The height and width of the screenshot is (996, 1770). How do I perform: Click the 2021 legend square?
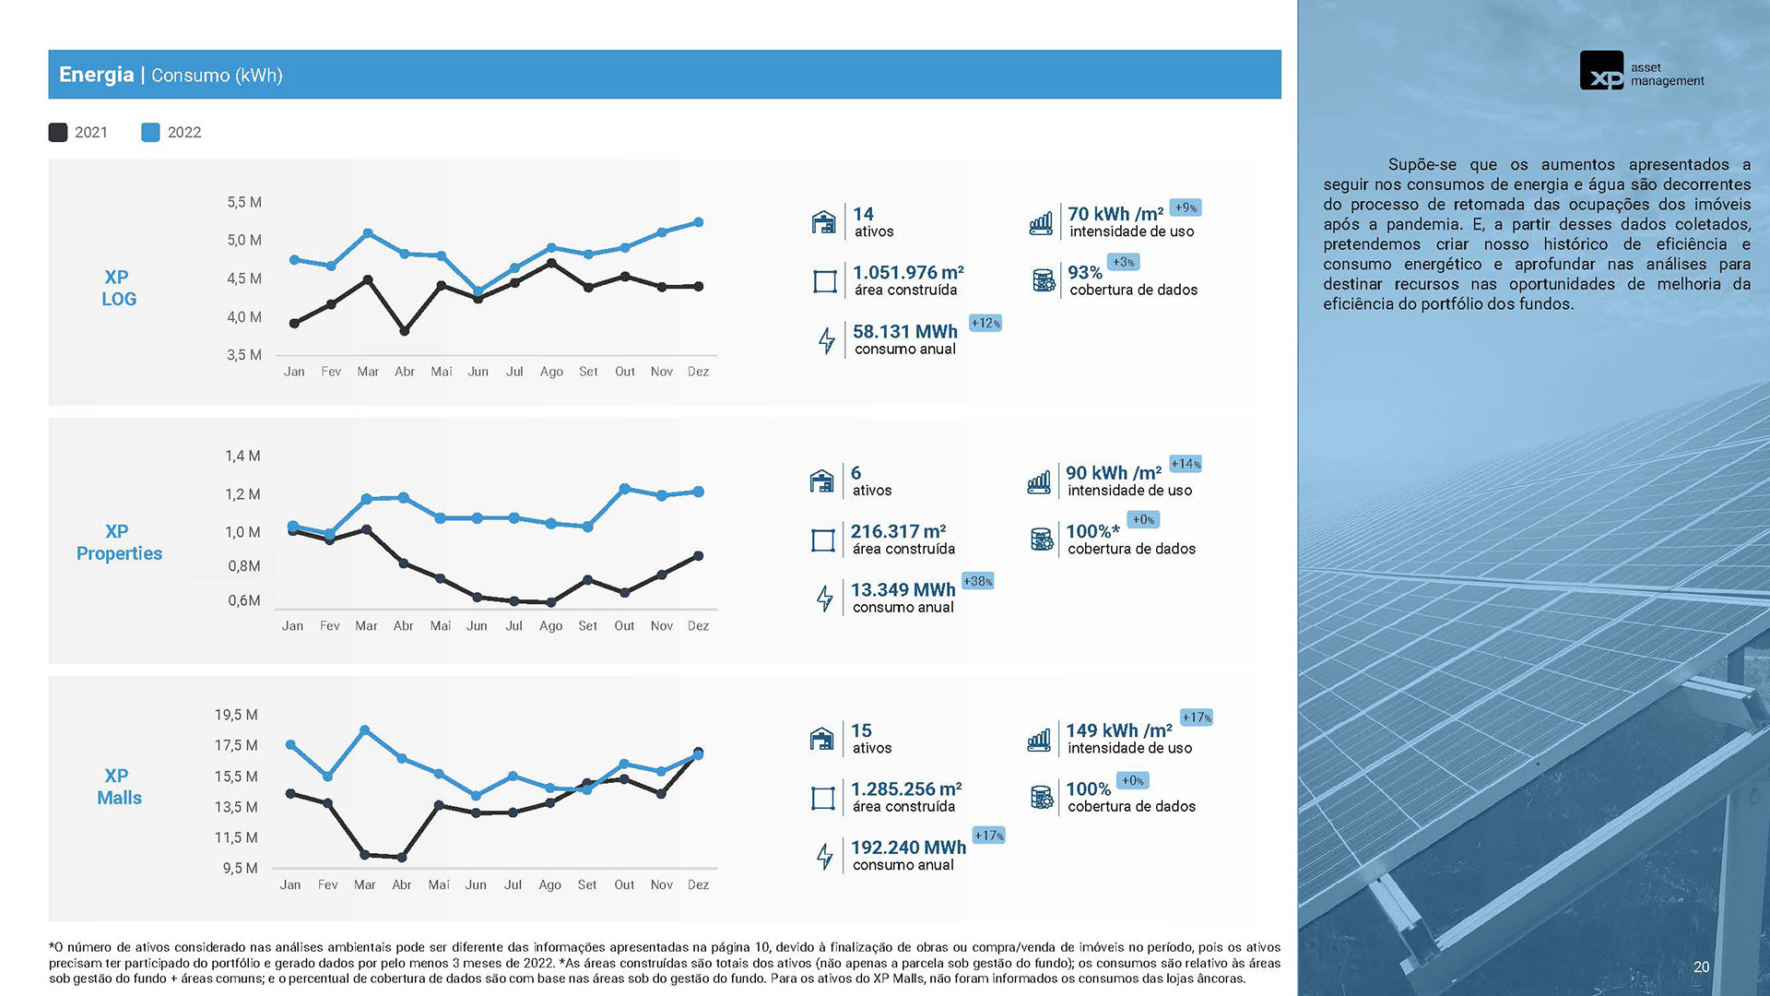pos(58,133)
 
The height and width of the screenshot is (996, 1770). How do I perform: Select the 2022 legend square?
pos(150,133)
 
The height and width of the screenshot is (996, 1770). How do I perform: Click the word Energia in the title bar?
pos(96,75)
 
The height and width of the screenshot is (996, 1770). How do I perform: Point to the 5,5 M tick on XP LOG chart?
pos(244,203)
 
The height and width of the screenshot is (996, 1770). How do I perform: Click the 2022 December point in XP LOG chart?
pos(698,222)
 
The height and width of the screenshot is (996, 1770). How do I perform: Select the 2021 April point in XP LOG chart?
pos(405,330)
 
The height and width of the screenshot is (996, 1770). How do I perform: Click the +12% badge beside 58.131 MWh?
pos(985,324)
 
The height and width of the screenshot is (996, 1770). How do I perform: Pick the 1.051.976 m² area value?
pos(908,273)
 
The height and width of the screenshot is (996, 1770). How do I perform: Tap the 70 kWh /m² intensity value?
pos(1115,214)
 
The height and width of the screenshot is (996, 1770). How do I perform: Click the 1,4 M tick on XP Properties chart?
pos(242,456)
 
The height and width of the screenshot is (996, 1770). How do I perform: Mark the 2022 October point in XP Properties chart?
pos(625,489)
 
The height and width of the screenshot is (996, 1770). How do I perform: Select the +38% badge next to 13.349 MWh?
pos(977,582)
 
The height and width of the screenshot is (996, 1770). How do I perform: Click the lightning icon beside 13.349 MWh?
pos(825,599)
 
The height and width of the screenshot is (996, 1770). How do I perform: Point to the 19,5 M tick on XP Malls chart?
pos(236,716)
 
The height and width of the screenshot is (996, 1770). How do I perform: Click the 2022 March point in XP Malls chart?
pos(365,730)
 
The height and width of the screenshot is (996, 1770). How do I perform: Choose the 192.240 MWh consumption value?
pos(908,848)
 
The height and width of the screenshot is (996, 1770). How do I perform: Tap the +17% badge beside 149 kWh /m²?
pos(1197,717)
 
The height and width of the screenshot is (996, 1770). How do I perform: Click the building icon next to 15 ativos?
pos(821,739)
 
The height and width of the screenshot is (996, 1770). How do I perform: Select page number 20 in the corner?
pos(1701,967)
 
